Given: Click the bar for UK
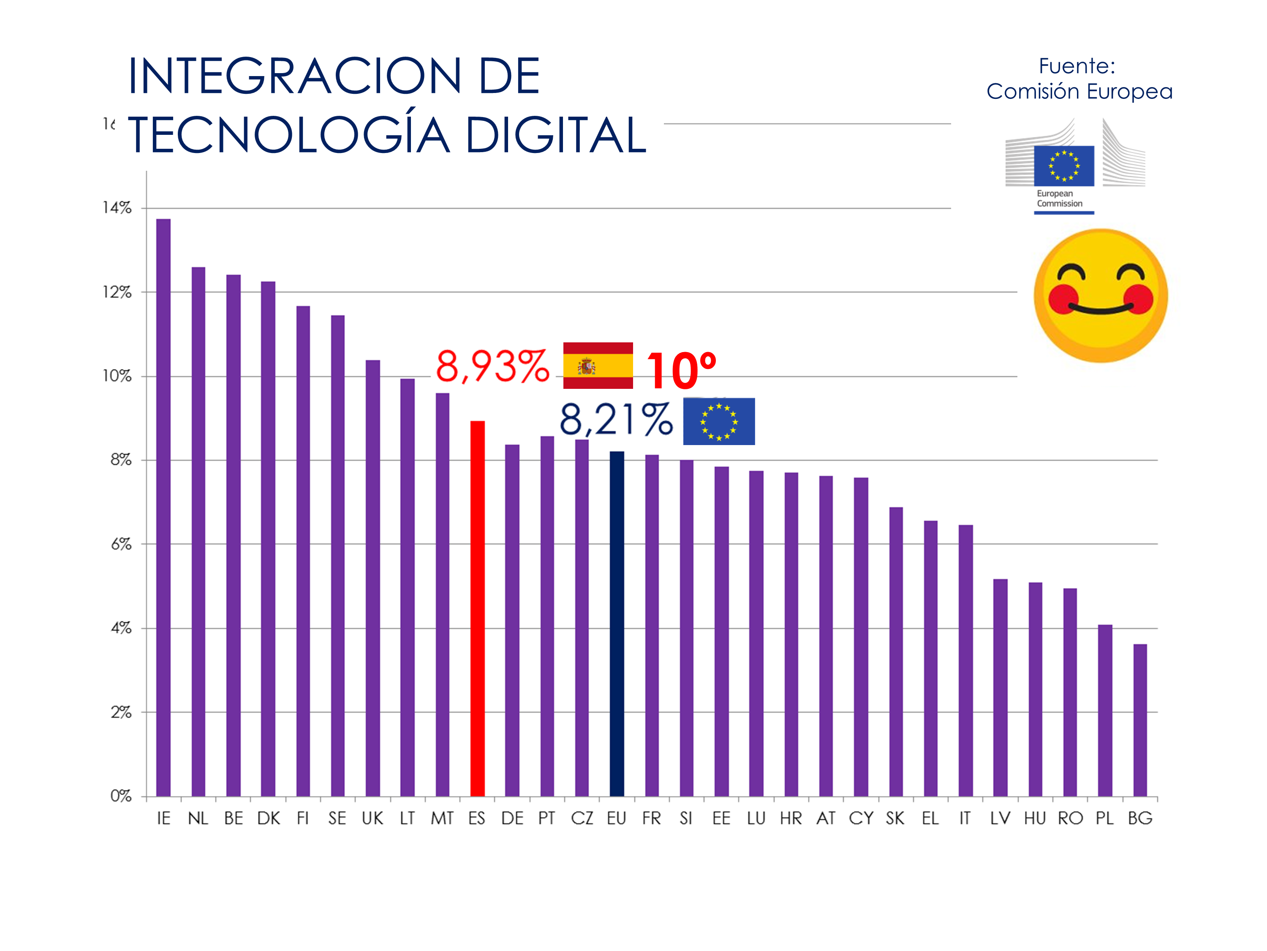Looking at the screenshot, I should click(x=373, y=578).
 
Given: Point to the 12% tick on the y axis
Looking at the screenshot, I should click(x=117, y=292).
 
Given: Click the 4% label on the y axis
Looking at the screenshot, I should click(x=121, y=628).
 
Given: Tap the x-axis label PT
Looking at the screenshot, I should click(x=546, y=819).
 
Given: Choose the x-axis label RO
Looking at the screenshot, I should click(x=1070, y=819).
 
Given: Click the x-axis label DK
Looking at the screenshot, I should click(x=269, y=819).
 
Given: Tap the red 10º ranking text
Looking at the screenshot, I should click(x=681, y=370).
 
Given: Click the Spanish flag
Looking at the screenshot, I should click(x=598, y=366).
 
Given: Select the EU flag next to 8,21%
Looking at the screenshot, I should click(x=719, y=421).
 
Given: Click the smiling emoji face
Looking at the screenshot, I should click(x=1100, y=296).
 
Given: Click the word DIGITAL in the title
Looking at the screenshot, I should click(x=556, y=135).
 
